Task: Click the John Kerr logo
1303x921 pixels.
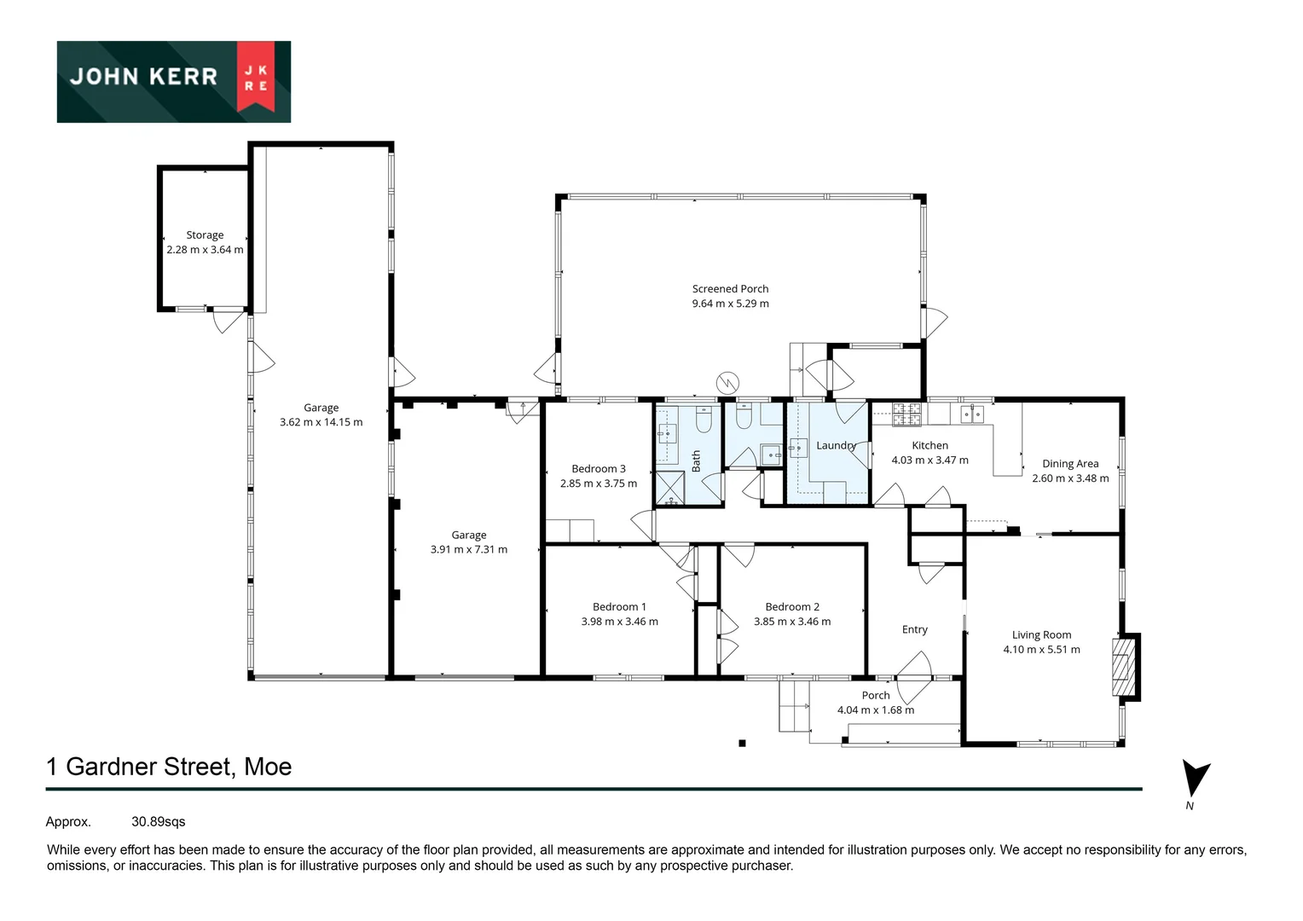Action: click(x=173, y=81)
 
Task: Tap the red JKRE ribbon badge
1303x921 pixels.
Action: click(x=256, y=77)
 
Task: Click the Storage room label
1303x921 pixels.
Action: click(x=205, y=235)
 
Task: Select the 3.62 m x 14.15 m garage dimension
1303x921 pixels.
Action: click(x=321, y=422)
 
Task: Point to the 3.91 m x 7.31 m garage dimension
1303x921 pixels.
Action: click(x=468, y=550)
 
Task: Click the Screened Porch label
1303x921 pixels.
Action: click(x=730, y=289)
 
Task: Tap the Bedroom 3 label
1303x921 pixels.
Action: click(x=598, y=469)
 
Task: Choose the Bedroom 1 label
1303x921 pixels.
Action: click(x=619, y=607)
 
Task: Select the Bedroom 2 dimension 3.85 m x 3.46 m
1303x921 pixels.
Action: click(x=791, y=622)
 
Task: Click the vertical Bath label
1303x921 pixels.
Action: click(x=696, y=461)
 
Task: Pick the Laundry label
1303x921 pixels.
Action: click(x=836, y=445)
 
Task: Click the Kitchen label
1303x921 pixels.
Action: click(x=929, y=445)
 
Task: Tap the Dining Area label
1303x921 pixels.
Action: click(x=1069, y=464)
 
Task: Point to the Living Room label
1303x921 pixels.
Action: click(x=1041, y=634)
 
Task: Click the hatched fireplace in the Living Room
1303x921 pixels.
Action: click(x=1124, y=666)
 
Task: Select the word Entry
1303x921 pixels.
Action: click(x=914, y=629)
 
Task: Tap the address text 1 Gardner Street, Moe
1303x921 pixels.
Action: click(x=169, y=767)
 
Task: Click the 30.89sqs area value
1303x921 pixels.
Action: click(x=158, y=822)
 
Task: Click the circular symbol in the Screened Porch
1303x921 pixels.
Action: click(x=727, y=382)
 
